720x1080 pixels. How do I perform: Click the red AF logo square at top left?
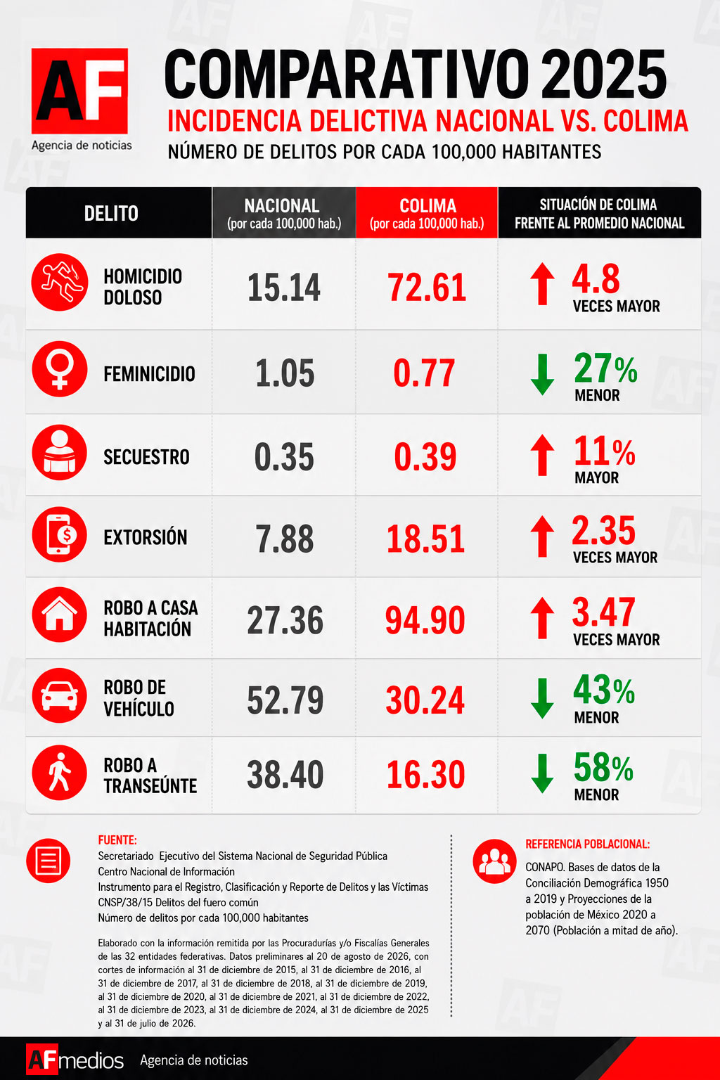79,91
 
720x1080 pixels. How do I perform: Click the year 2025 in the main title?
603,76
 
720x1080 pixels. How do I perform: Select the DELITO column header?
111,213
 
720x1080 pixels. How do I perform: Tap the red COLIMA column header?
427,212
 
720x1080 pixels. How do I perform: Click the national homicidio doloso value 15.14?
284,288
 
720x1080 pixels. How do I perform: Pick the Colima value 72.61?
427,288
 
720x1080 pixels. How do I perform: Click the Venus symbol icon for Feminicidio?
60,369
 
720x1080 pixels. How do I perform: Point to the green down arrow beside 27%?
543,375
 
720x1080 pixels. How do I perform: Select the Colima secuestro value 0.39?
425,457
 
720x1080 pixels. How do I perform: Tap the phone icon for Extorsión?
60,534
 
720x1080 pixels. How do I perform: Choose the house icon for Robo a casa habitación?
60,615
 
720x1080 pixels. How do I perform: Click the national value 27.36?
285,621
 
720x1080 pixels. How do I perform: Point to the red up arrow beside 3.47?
543,618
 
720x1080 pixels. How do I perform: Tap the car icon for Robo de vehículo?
60,695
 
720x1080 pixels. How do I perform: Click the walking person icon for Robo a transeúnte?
60,773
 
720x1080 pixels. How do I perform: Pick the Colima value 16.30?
426,775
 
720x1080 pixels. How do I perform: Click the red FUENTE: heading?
117,840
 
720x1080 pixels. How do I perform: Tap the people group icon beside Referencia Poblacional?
495,861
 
